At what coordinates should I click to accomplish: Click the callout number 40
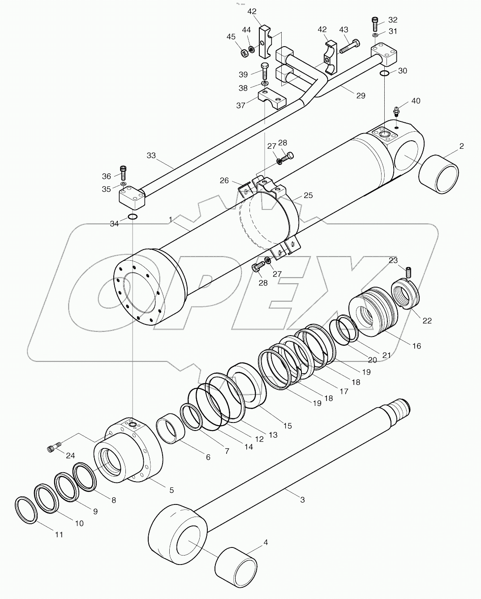416,101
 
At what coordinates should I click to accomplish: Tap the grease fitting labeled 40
396,111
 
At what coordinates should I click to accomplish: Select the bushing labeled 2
439,174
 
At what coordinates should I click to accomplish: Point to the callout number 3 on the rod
302,500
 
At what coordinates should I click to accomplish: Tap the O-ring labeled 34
132,217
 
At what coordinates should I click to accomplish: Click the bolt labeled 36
124,171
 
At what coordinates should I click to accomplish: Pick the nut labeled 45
245,53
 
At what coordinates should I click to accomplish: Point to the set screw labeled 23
408,271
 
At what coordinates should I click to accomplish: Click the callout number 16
417,346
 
